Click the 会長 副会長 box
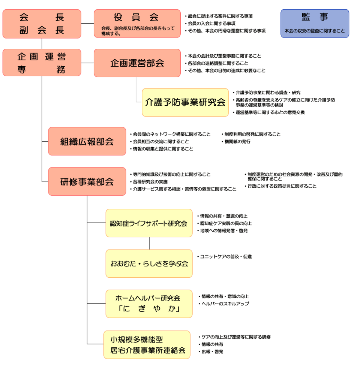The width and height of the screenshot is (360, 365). (42, 23)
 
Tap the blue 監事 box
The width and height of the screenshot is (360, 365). (315, 23)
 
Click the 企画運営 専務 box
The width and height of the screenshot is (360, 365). (42, 63)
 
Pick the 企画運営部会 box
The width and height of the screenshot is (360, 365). (137, 63)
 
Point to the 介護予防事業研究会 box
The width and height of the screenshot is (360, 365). (185, 102)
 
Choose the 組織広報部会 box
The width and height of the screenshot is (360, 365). (87, 141)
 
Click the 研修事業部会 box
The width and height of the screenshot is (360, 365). (87, 182)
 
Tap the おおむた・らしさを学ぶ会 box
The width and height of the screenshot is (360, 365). (149, 263)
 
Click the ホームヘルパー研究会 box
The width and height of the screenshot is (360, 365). (149, 304)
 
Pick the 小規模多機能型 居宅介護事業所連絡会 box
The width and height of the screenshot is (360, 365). (148, 345)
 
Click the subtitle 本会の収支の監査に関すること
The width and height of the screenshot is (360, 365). (315, 31)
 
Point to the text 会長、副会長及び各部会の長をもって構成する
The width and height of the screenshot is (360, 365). (138, 31)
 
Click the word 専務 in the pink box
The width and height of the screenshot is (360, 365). (42, 70)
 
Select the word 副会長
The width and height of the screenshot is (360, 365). (42, 30)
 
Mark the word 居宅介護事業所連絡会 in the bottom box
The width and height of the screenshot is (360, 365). (148, 351)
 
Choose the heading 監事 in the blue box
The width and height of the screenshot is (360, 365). (315, 17)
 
